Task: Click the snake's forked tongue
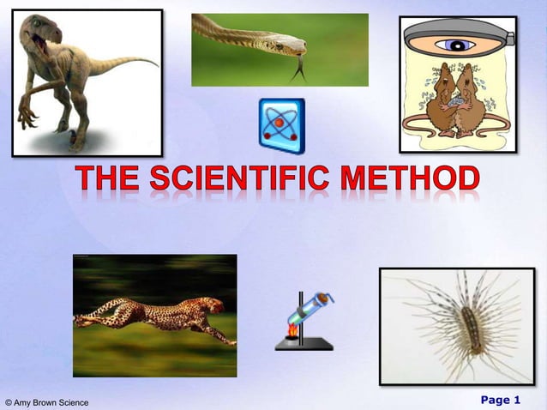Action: pyautogui.click(x=298, y=69)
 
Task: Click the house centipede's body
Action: pyautogui.click(x=471, y=326)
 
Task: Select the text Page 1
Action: pyautogui.click(x=500, y=400)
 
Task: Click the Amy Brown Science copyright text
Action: pyautogui.click(x=46, y=402)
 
